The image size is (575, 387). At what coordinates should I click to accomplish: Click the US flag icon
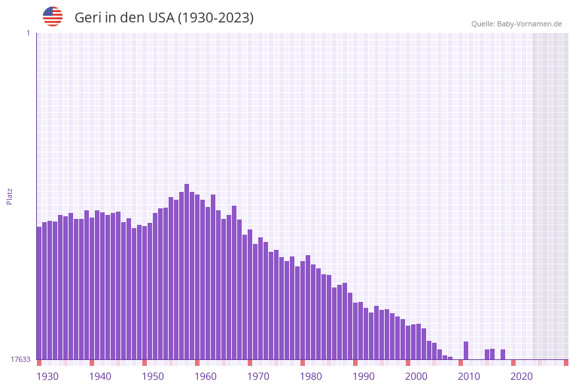click(x=53, y=16)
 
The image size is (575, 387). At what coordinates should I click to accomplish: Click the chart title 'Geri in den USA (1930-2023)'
click(x=164, y=18)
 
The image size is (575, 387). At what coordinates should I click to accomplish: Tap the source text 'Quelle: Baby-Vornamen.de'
click(x=516, y=24)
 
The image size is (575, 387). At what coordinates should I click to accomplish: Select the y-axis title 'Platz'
click(x=10, y=196)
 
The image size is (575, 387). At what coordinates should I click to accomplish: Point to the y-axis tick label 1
click(x=28, y=33)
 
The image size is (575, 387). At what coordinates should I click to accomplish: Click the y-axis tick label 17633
click(x=20, y=359)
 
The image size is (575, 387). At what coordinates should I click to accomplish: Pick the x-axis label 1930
click(x=47, y=376)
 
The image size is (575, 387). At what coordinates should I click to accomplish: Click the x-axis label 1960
click(x=205, y=376)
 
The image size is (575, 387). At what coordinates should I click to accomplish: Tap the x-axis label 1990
click(x=364, y=376)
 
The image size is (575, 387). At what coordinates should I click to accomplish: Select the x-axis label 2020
click(x=522, y=376)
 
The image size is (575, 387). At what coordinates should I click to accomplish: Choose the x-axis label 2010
click(x=469, y=376)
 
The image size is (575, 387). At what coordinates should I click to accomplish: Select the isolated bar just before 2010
click(x=466, y=350)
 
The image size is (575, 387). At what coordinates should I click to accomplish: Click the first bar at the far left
click(x=39, y=293)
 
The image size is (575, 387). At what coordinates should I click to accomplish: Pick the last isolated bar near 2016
click(x=503, y=354)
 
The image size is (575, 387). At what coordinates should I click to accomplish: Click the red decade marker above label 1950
click(x=144, y=363)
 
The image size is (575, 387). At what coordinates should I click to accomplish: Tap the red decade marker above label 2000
click(x=408, y=363)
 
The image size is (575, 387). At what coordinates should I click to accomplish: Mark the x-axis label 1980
click(x=311, y=376)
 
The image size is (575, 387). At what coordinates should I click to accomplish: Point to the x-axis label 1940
click(x=100, y=376)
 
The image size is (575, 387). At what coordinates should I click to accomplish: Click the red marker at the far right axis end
click(x=566, y=363)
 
